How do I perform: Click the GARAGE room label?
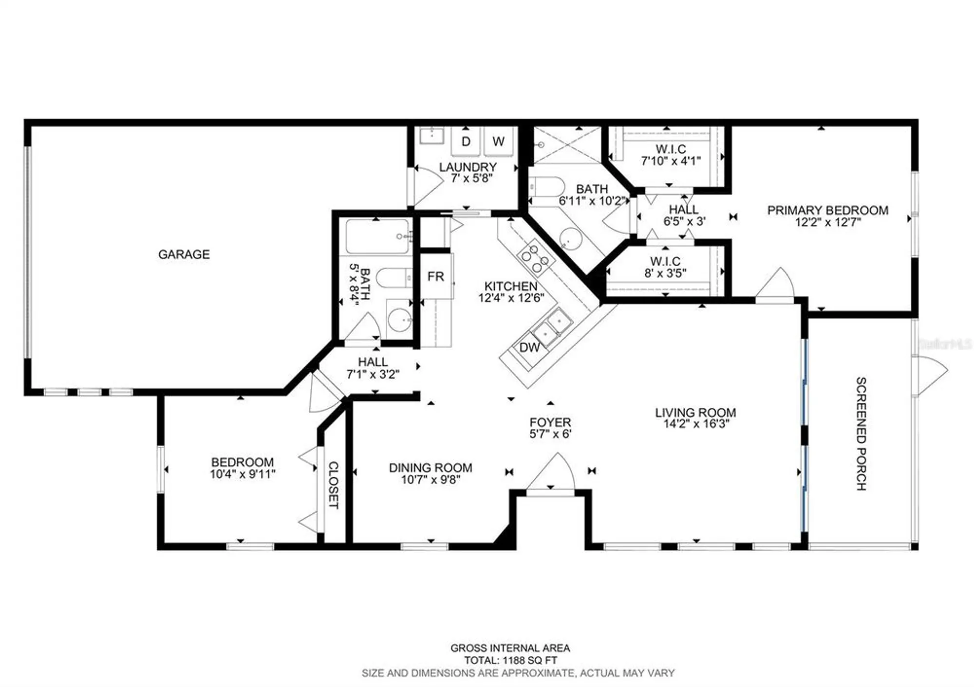[x=184, y=254]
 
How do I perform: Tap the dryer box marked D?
[x=466, y=142]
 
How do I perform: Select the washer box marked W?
[x=498, y=142]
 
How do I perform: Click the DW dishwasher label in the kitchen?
[x=529, y=347]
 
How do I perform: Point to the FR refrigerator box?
[x=435, y=276]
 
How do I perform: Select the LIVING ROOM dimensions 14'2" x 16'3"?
[x=696, y=424]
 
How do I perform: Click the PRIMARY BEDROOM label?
[x=827, y=210]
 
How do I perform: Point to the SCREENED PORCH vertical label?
[x=861, y=433]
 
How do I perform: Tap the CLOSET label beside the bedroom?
[x=334, y=485]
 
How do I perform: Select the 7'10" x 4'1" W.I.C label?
[x=671, y=161]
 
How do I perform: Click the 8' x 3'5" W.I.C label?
[x=665, y=273]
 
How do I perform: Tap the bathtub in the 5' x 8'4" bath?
[x=377, y=237]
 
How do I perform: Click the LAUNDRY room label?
[x=468, y=167]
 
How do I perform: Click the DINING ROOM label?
[x=431, y=468]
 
